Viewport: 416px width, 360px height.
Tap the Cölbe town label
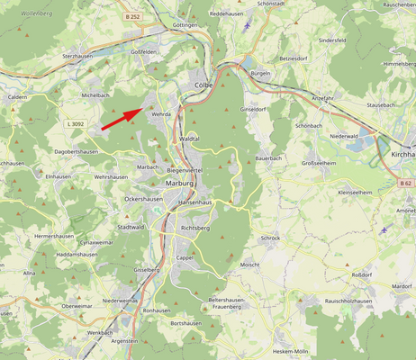click(x=203, y=85)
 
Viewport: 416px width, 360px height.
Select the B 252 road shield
click(x=132, y=16)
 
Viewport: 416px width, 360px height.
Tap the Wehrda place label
click(x=161, y=115)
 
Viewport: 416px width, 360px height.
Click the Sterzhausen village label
click(x=79, y=56)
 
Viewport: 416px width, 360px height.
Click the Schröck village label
click(x=270, y=238)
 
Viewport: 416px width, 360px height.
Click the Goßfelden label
click(x=144, y=52)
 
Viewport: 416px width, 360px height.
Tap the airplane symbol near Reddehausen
click(x=247, y=25)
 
